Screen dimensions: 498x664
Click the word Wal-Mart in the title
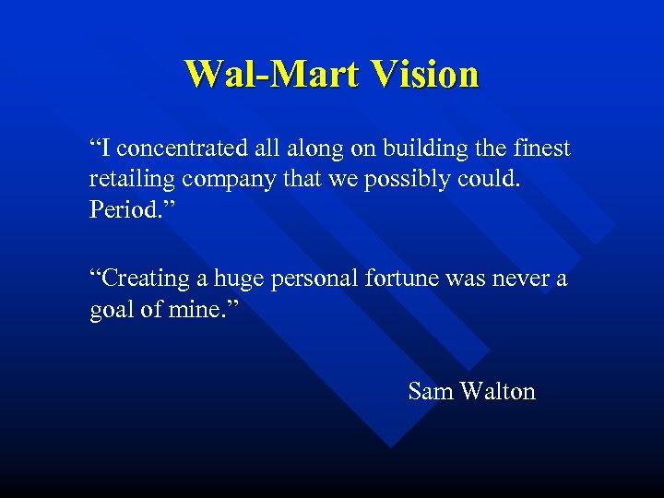pos(261,74)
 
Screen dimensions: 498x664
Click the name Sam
pos(430,392)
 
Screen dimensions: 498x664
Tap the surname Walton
pos(498,392)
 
